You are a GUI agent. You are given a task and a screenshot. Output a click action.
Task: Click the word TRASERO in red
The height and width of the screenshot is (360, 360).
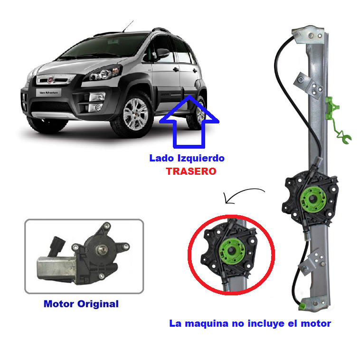click(191, 171)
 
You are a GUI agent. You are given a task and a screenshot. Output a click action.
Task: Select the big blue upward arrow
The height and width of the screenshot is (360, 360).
click(189, 122)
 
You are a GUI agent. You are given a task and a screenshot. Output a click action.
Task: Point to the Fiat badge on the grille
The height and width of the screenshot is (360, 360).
click(50, 80)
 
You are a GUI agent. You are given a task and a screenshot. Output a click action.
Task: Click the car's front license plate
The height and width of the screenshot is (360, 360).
click(48, 93)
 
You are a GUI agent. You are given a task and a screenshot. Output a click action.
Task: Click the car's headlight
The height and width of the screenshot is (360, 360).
click(104, 73)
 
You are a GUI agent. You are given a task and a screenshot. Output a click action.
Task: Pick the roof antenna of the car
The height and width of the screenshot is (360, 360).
click(128, 26)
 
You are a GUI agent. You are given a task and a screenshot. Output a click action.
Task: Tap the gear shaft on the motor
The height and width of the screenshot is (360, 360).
click(101, 249)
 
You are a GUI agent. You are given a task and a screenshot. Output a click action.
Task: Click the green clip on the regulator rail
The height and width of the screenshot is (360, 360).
click(337, 120)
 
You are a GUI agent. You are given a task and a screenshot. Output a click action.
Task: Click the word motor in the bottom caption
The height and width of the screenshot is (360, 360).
click(316, 324)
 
